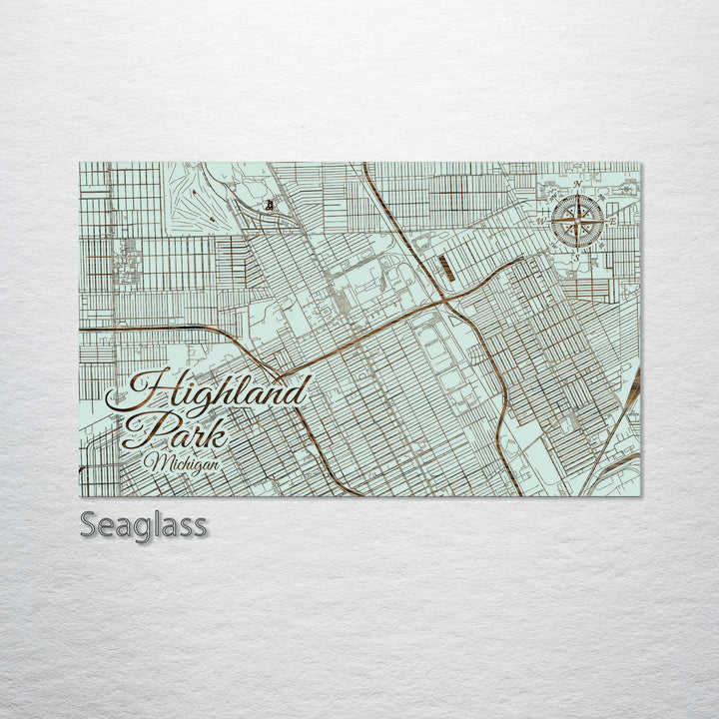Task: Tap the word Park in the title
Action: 174,430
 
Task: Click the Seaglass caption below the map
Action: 144,525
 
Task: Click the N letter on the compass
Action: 578,186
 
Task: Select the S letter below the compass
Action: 577,256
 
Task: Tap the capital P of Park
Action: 140,429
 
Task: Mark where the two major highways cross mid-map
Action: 445,298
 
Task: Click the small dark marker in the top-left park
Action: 269,206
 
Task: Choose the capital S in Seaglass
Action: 89,524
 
